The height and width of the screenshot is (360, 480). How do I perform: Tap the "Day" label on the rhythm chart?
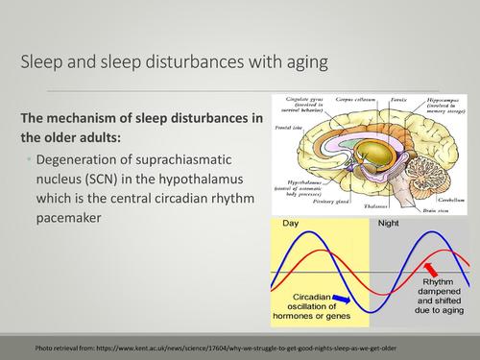click(x=291, y=223)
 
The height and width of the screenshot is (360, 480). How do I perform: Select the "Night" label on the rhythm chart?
click(x=388, y=223)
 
